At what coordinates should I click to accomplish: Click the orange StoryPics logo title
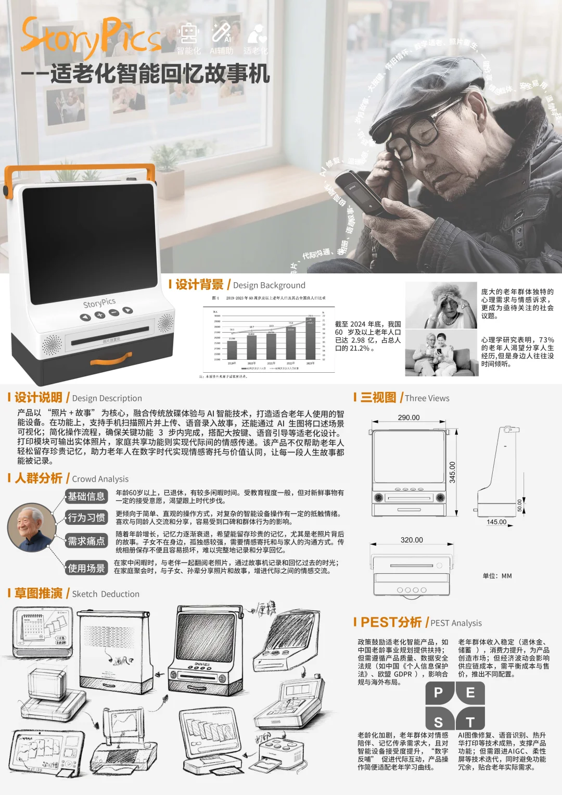pyautogui.click(x=91, y=36)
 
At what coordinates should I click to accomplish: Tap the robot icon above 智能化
pyautogui.click(x=188, y=33)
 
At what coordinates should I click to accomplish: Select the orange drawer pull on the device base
pyautogui.click(x=111, y=359)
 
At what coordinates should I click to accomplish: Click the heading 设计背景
pyautogui.click(x=199, y=285)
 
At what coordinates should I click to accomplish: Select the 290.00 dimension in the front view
pyautogui.click(x=408, y=418)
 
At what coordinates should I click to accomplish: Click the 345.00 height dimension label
pyautogui.click(x=452, y=472)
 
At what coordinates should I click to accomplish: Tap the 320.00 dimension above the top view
pyautogui.click(x=412, y=540)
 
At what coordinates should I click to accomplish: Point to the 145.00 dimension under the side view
pyautogui.click(x=496, y=522)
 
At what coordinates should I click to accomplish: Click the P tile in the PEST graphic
pyautogui.click(x=439, y=693)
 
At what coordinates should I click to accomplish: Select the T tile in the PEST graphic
pyautogui.click(x=470, y=722)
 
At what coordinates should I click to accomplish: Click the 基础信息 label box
pyautogui.click(x=86, y=496)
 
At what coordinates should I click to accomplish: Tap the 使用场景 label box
pyautogui.click(x=86, y=568)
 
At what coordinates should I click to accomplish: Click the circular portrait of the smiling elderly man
pyautogui.click(x=31, y=527)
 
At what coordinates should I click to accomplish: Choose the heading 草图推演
pyautogui.click(x=39, y=594)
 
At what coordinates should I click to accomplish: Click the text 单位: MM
pyautogui.click(x=497, y=576)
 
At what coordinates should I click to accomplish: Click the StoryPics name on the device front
pyautogui.click(x=99, y=303)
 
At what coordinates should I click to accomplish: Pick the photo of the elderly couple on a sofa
pyautogui.click(x=441, y=354)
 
